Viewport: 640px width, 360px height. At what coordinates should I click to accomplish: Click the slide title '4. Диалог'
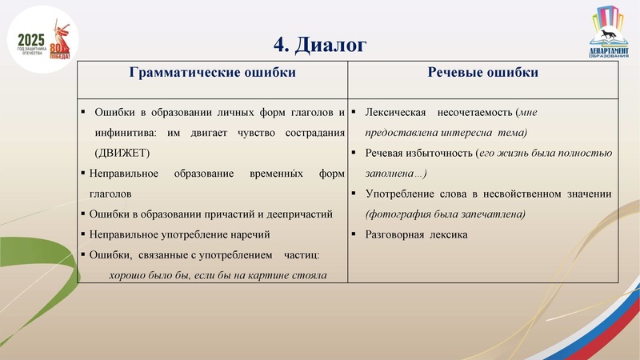pyautogui.click(x=320, y=45)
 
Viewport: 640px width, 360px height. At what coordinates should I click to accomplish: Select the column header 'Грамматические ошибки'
pyautogui.click(x=212, y=73)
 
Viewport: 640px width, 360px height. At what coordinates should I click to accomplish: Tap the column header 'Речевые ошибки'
pyautogui.click(x=483, y=73)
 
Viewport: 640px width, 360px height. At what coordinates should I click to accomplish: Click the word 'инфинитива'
pyautogui.click(x=125, y=132)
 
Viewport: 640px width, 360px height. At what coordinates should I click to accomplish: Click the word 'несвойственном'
pyautogui.click(x=521, y=194)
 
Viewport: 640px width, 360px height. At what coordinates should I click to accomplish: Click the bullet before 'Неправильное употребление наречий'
pyautogui.click(x=83, y=234)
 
